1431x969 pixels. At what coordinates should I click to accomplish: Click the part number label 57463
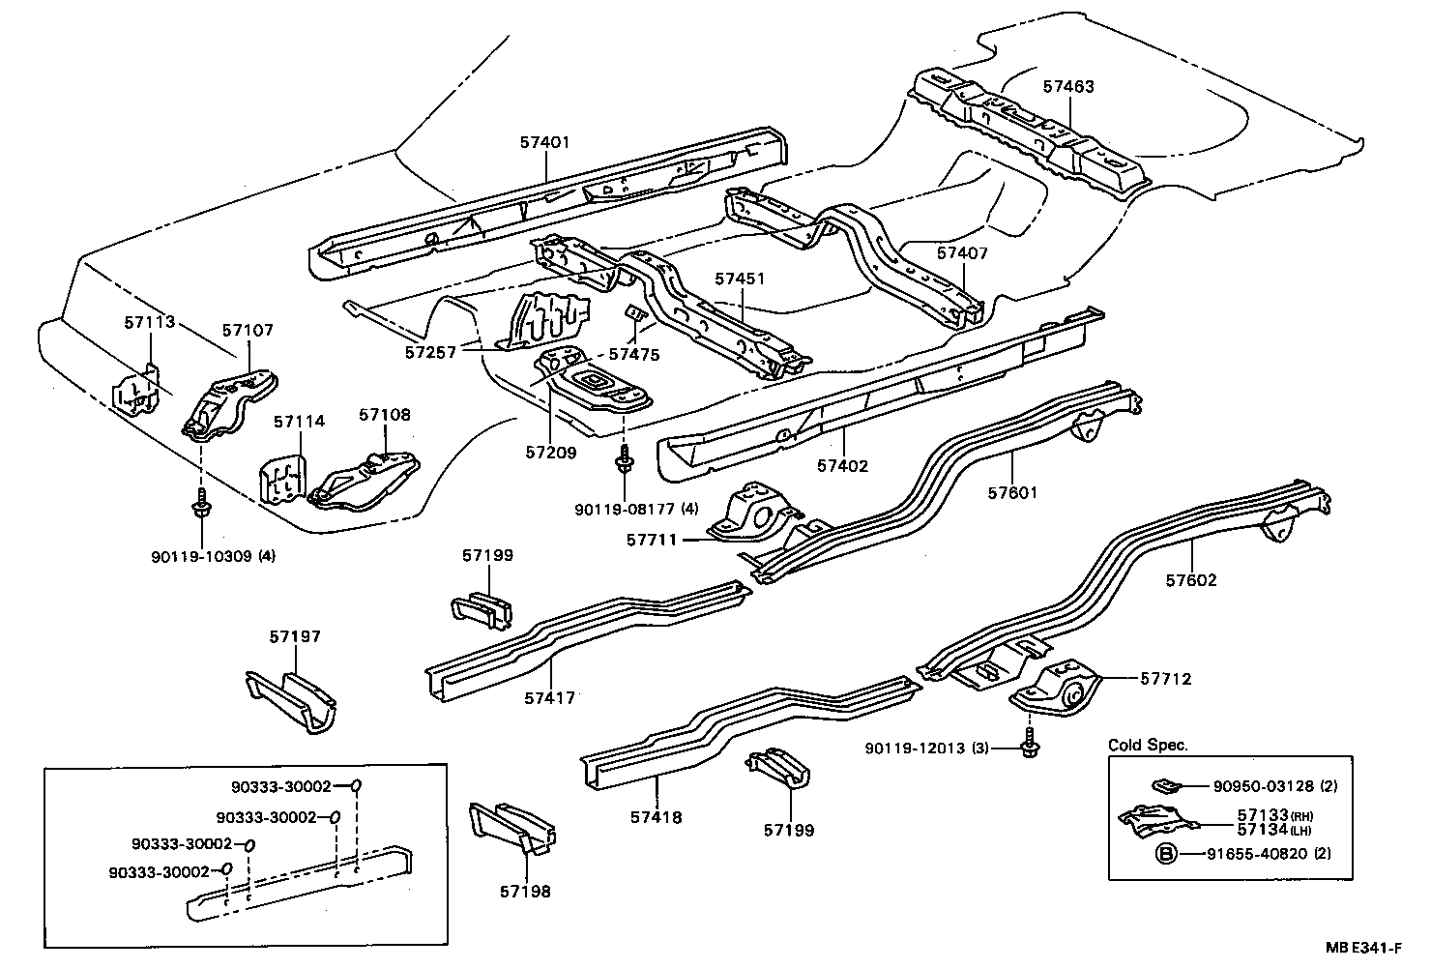1067,86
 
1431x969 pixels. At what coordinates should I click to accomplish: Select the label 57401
544,141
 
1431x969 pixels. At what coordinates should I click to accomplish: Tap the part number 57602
1190,580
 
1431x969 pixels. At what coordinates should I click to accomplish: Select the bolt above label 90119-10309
201,504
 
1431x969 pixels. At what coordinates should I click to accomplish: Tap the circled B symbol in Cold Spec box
1166,854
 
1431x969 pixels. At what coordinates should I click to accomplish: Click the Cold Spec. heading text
1148,746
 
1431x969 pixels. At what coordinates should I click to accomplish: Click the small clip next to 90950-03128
1164,784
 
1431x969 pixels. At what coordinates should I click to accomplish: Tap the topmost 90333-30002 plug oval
355,785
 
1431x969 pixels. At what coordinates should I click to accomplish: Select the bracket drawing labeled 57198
511,829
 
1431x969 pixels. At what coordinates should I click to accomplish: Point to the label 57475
635,355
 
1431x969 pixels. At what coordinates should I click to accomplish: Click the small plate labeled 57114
282,478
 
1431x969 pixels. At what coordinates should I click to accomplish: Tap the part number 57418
657,817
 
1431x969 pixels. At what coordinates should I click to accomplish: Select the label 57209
551,452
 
